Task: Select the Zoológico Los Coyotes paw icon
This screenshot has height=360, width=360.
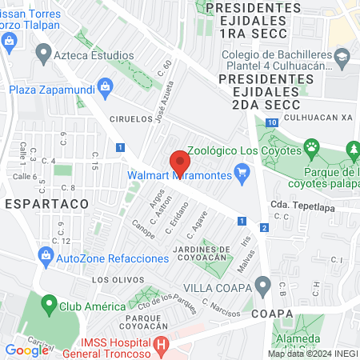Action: pos(311,149)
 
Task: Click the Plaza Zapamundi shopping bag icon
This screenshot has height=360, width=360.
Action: pos(104,86)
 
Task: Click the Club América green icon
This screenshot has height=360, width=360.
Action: pos(49,306)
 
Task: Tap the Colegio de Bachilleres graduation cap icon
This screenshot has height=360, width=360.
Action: pos(342,56)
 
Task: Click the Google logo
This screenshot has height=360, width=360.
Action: pos(26,350)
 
